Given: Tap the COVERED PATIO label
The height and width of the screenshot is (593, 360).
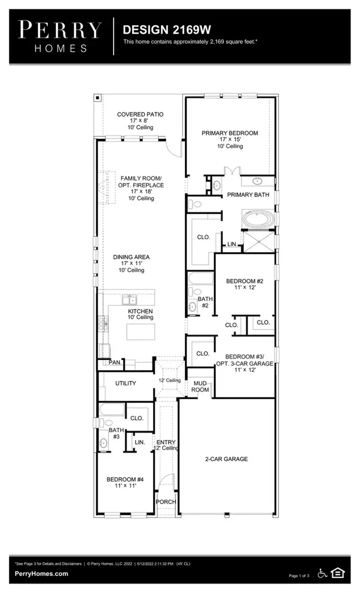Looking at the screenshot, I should [x=140, y=115].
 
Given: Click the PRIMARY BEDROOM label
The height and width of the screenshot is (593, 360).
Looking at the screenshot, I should [x=229, y=133].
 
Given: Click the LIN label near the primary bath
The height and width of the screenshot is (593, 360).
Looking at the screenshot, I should [x=231, y=244].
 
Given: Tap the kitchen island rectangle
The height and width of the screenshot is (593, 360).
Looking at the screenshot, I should [x=141, y=333].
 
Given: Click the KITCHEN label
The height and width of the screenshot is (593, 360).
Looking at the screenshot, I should [x=140, y=311].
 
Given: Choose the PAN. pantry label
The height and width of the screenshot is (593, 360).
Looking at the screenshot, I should [x=115, y=363].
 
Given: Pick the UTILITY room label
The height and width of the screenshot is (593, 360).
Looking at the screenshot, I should [x=126, y=383].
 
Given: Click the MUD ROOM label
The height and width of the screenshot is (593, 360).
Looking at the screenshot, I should [x=201, y=386].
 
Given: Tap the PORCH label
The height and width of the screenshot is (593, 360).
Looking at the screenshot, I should [x=166, y=502].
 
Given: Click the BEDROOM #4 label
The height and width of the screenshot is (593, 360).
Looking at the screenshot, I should [x=125, y=479].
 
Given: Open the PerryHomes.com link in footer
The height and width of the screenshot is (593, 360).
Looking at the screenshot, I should [x=42, y=574].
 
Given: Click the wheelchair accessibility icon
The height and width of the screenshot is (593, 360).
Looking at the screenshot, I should [x=323, y=573].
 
